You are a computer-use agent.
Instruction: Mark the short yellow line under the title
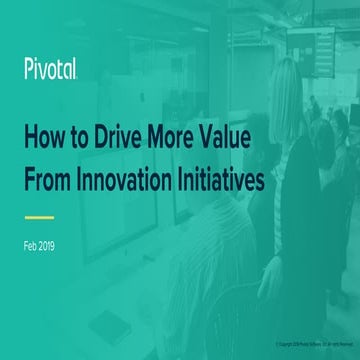coord(39,216)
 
